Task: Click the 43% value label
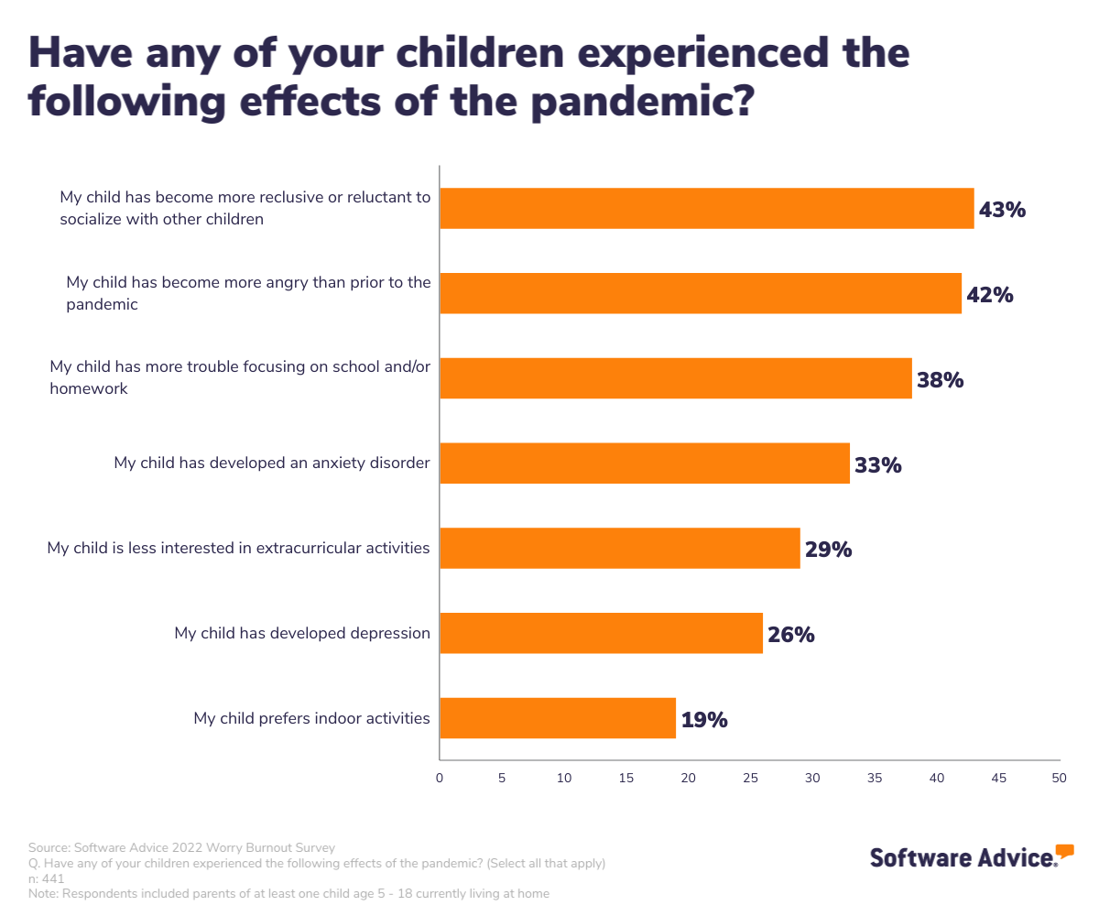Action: pyautogui.click(x=1002, y=210)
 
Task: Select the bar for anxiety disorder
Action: pyautogui.click(x=645, y=463)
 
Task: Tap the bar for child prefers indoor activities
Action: pyautogui.click(x=558, y=718)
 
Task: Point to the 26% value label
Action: pyautogui.click(x=791, y=634)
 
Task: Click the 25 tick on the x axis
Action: pyautogui.click(x=750, y=778)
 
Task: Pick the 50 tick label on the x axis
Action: pyautogui.click(x=1060, y=778)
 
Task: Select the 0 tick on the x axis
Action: pyautogui.click(x=440, y=778)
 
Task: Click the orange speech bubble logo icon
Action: pyautogui.click(x=1064, y=851)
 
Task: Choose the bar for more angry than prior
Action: pyautogui.click(x=701, y=294)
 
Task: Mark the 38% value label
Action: pyautogui.click(x=941, y=379)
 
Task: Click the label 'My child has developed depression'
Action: pyautogui.click(x=302, y=633)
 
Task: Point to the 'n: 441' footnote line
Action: pyautogui.click(x=47, y=878)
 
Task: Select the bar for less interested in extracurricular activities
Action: pyautogui.click(x=620, y=549)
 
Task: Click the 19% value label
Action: pyautogui.click(x=704, y=720)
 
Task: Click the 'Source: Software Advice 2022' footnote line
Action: pyautogui.click(x=181, y=847)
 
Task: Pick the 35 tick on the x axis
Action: pyautogui.click(x=874, y=778)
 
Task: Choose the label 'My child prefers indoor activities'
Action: pyautogui.click(x=311, y=718)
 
